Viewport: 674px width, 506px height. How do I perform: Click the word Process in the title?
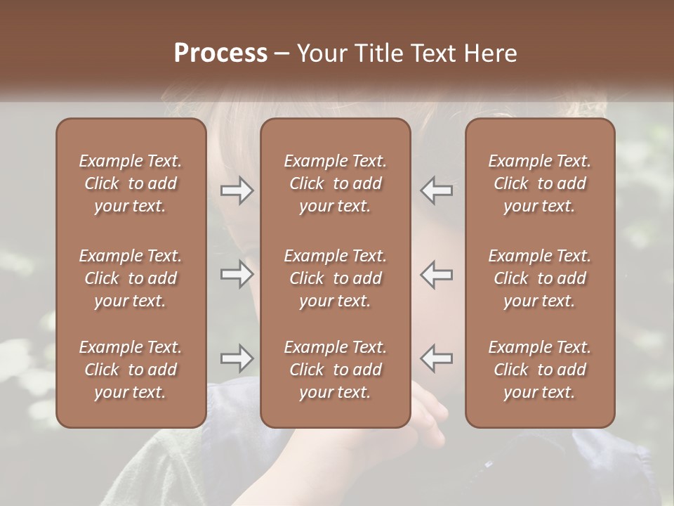pos(220,53)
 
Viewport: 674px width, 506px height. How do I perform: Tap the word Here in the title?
pos(489,53)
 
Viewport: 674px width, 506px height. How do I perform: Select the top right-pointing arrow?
pos(237,190)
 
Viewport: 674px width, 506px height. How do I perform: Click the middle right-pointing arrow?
pos(237,274)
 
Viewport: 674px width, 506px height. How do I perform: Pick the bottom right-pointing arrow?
pos(237,358)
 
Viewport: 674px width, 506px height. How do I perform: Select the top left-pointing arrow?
pos(436,190)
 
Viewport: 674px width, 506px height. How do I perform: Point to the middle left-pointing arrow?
pos(436,274)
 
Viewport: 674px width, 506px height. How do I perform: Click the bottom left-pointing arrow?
pos(436,358)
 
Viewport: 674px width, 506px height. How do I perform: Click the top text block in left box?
pos(131,183)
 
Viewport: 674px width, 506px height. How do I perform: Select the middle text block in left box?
pos(131,278)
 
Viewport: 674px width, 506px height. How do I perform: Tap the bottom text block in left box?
pos(131,370)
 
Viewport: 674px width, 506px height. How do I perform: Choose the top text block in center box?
pos(336,183)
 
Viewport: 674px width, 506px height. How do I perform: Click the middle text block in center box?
pos(336,278)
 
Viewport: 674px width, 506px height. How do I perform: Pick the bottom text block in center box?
pos(336,370)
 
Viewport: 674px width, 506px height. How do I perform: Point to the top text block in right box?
pos(540,183)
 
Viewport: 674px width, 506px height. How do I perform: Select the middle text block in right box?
pos(540,278)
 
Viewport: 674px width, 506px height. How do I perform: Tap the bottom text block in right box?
pos(540,370)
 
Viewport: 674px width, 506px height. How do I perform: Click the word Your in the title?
pos(322,53)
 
